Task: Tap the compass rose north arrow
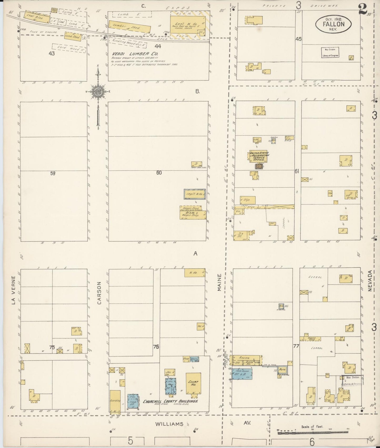(98, 92)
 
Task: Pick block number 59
(53, 173)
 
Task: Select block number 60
(159, 173)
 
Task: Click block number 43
(51, 53)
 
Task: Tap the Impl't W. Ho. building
(195, 194)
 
